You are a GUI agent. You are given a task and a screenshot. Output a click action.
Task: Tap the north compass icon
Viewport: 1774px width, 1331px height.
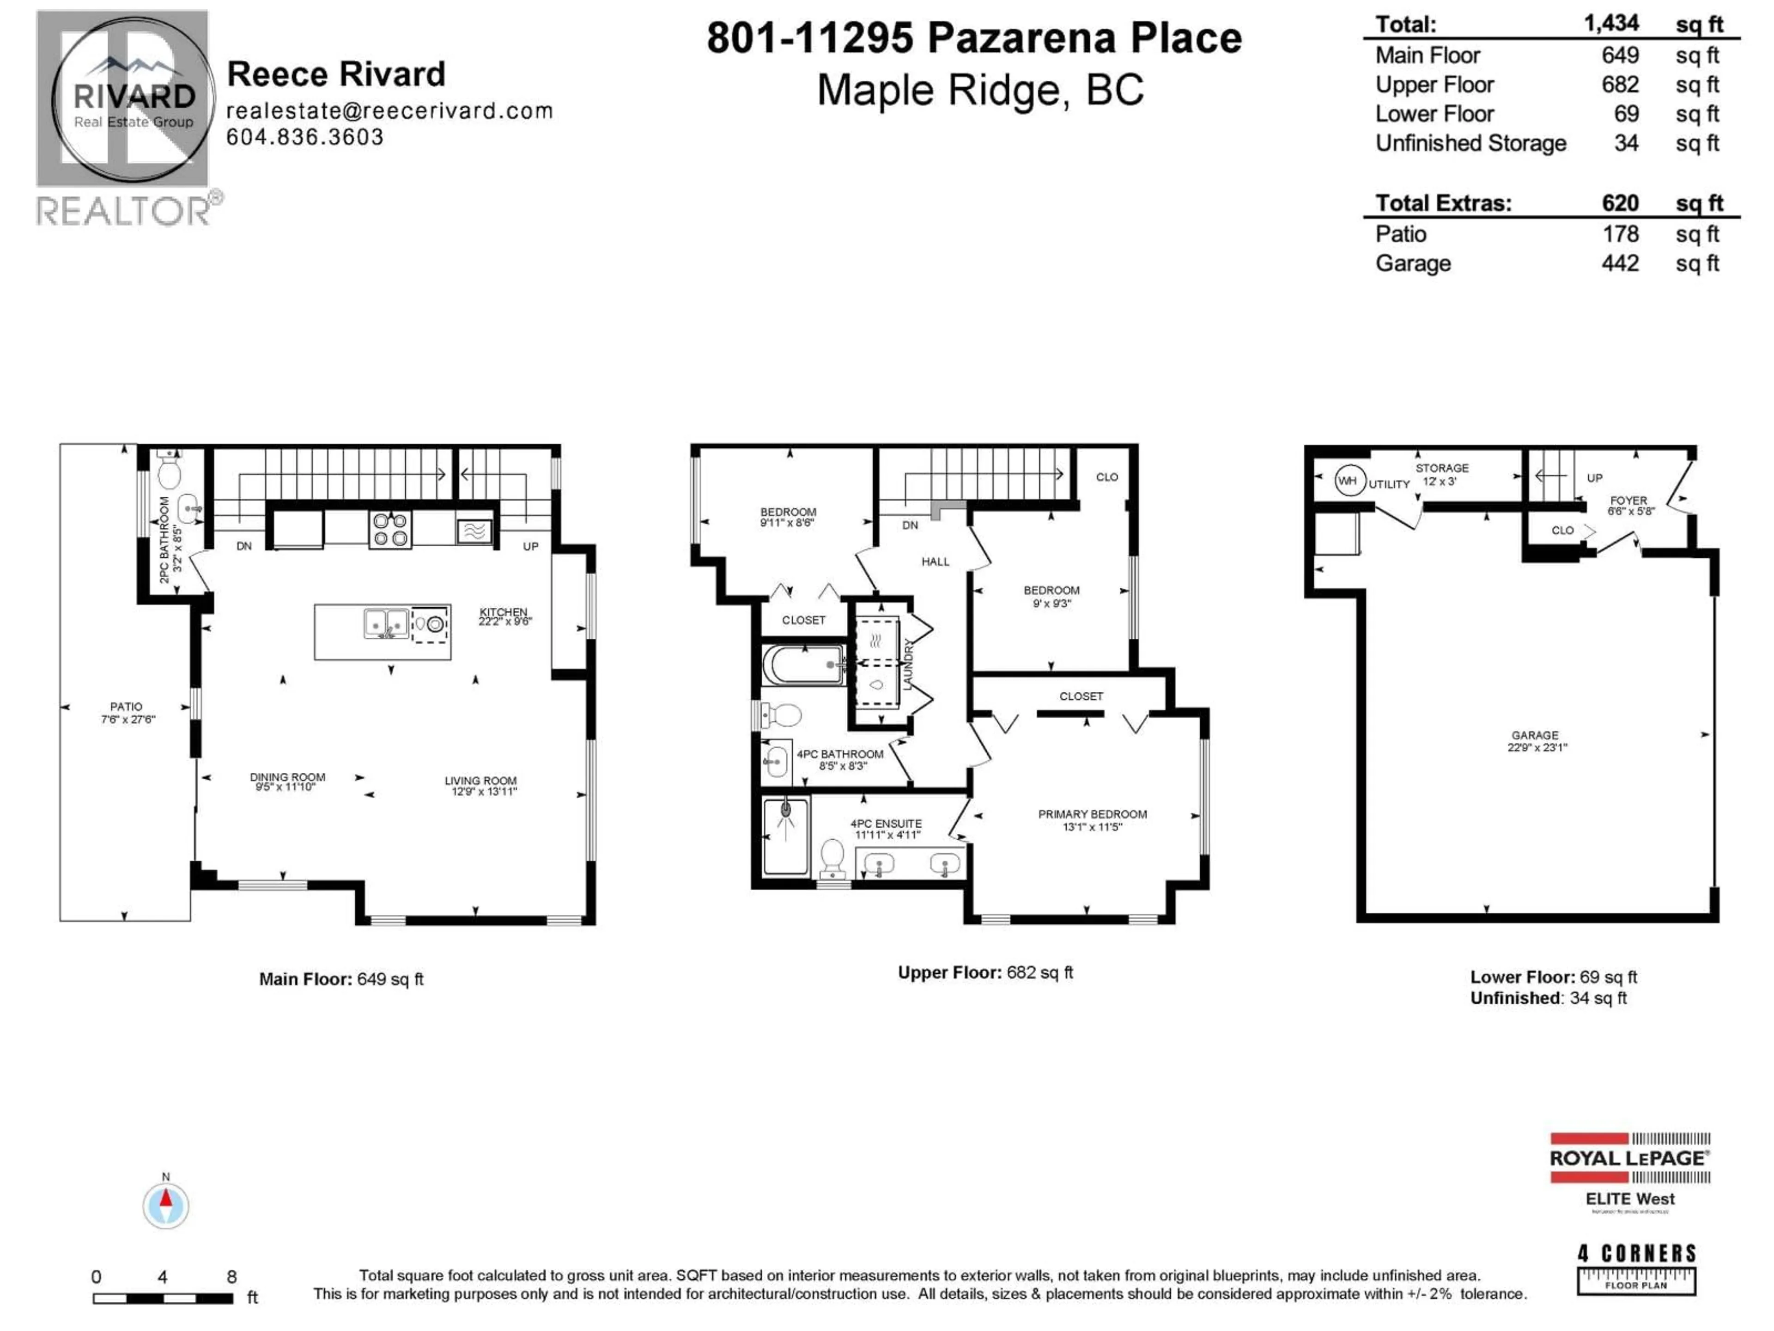point(166,1204)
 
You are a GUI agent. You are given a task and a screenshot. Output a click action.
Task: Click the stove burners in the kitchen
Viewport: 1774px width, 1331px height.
point(390,530)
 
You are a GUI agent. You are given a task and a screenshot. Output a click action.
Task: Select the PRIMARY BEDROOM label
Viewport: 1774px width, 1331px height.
point(1092,814)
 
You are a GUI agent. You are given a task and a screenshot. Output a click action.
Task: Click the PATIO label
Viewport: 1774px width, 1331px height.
point(126,707)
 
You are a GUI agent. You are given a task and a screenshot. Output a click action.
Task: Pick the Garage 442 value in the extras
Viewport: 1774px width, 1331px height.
point(1620,263)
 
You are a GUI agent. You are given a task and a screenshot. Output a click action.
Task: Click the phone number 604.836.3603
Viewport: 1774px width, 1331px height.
point(305,137)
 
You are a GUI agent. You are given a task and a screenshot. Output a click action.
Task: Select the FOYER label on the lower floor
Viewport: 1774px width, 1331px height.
point(1628,500)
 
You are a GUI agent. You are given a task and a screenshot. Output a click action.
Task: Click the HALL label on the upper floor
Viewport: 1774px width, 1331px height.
point(935,562)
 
